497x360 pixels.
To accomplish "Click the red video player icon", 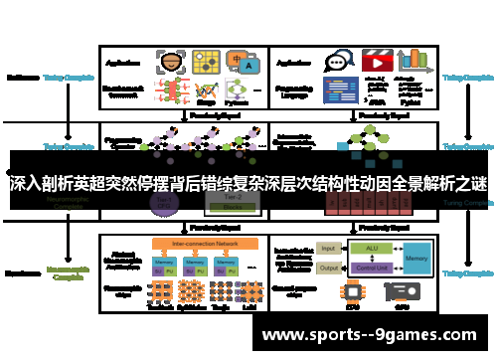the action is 377,60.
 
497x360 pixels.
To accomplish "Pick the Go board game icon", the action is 207,61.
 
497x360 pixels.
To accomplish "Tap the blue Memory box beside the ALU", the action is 417,257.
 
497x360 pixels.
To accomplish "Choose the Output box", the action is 329,267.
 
